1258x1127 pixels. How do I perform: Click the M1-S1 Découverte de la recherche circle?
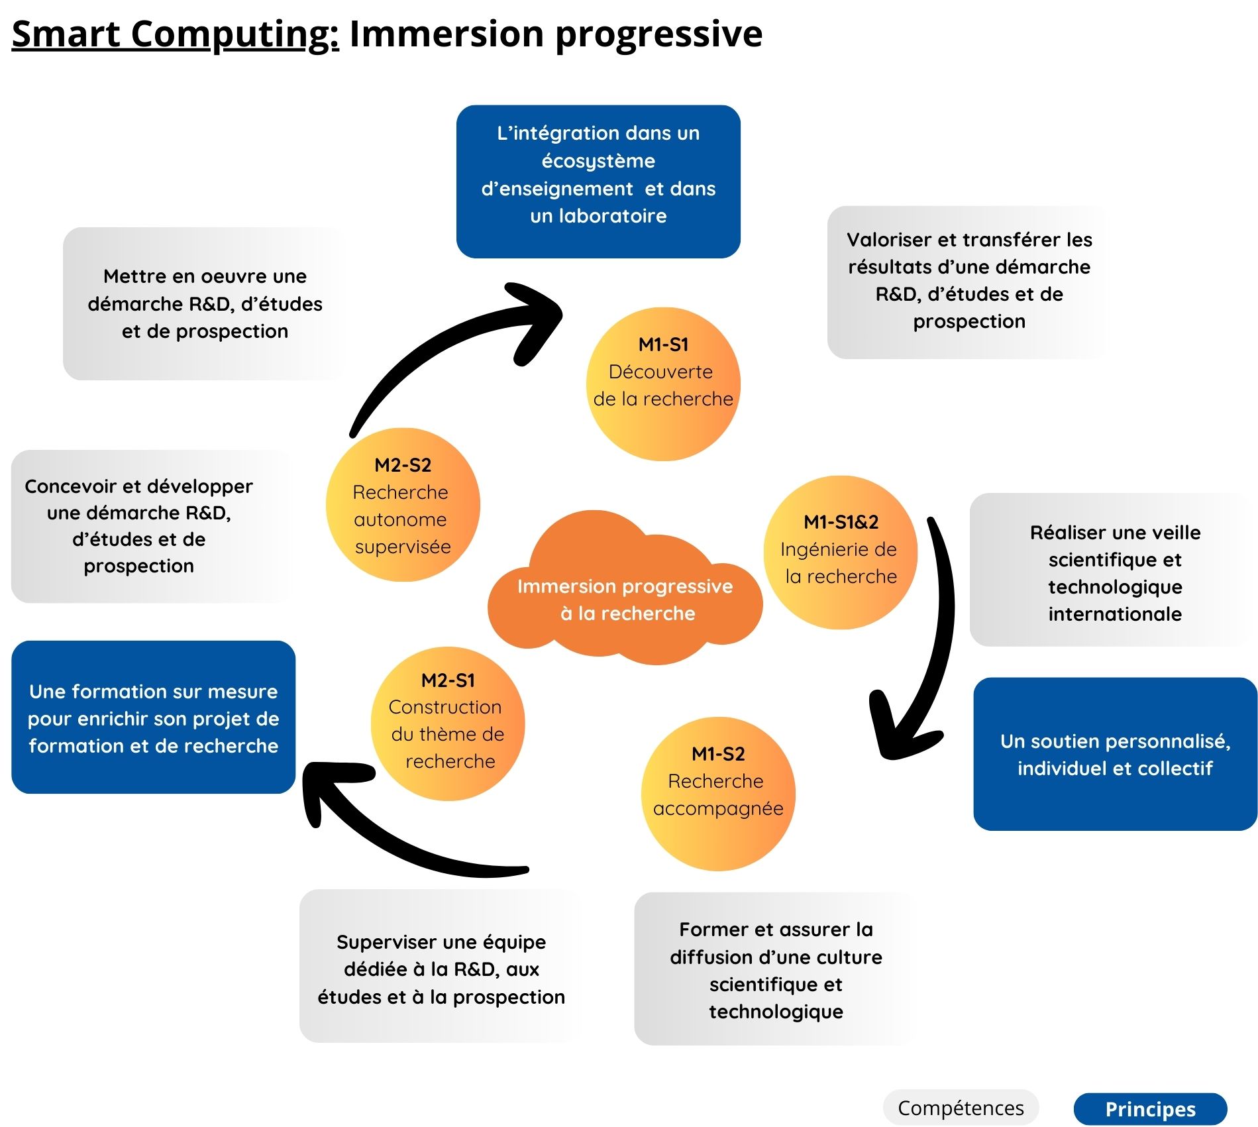coord(663,384)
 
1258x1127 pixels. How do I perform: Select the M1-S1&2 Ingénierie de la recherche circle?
coord(841,552)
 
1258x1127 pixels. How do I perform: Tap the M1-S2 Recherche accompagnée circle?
coord(718,794)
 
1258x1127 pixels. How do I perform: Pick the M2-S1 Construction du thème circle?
coord(448,724)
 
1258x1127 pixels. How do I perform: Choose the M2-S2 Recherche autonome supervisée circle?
coord(403,505)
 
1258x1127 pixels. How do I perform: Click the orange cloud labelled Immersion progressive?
coord(625,599)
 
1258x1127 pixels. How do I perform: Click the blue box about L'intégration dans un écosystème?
coord(598,181)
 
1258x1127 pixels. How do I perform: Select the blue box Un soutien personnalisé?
coord(1115,754)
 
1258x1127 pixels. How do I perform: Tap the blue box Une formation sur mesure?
coord(153,717)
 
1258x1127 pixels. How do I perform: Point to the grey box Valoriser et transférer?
coord(969,282)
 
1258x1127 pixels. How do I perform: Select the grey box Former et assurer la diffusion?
coord(775,969)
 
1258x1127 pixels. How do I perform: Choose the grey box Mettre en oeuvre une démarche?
coord(205,303)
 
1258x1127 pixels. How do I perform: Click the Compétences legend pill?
coord(960,1108)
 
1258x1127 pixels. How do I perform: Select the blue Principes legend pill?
coord(1150,1109)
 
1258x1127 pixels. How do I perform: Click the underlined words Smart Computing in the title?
coord(175,34)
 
